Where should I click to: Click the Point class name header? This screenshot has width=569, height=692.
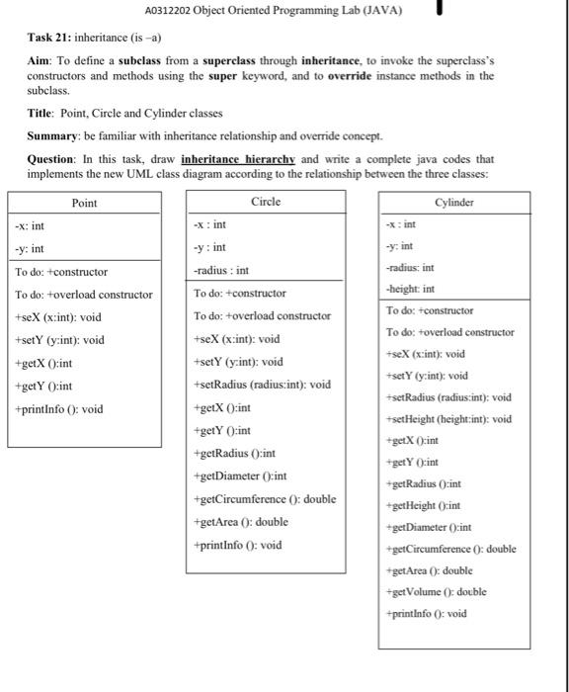pyautogui.click(x=85, y=203)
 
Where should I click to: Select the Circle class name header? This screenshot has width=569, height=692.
pyautogui.click(x=265, y=202)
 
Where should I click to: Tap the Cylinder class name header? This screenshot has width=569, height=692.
pyautogui.click(x=453, y=202)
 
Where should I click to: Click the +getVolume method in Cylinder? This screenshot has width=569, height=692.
pyautogui.click(x=443, y=591)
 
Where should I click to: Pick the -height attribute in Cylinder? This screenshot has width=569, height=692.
pyautogui.click(x=416, y=289)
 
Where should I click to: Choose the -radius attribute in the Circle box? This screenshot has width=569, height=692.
pyautogui.click(x=221, y=269)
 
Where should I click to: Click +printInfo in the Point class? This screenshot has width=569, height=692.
pyautogui.click(x=58, y=408)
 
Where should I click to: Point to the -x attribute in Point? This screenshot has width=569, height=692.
pyautogui.click(x=29, y=225)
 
